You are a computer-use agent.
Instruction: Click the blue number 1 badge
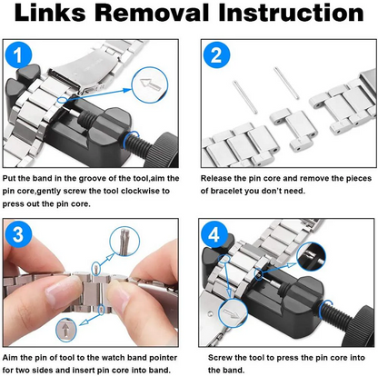pos(18,54)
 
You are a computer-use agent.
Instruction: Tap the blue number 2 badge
pos(216,54)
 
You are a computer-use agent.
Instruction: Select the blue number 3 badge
pos(18,234)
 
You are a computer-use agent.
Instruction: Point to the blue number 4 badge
pos(214,234)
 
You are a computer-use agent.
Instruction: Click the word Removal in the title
pos(153,13)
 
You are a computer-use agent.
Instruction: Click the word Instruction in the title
pos(291,13)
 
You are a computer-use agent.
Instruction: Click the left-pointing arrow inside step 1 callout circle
pos(151,84)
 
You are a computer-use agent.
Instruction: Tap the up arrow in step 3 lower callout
pos(66,330)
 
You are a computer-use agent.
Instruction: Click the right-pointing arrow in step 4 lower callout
pos(231,313)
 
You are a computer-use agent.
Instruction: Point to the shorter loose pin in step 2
pos(244,96)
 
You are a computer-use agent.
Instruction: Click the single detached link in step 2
pos(293,130)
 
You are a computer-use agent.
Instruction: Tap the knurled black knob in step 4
pos(361,326)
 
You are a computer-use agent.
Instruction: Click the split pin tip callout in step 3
pos(125,242)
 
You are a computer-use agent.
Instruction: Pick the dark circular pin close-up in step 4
pos(312,256)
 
